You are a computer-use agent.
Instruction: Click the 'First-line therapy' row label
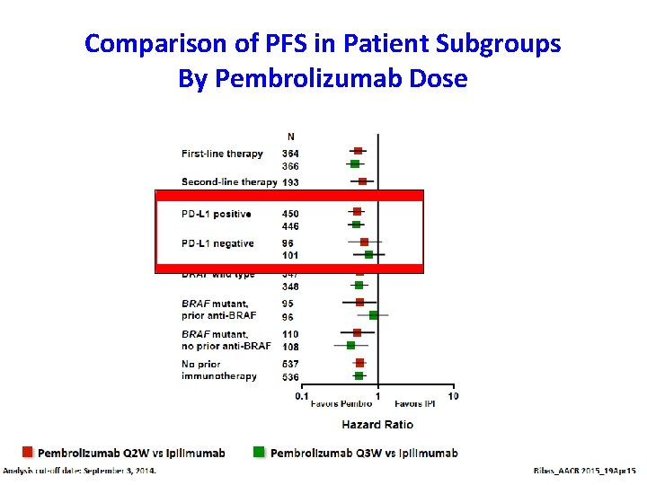pyautogui.click(x=222, y=154)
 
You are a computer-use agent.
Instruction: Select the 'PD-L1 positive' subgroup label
pyautogui.click(x=216, y=214)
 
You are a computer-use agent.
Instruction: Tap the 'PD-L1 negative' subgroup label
pyautogui.click(x=217, y=243)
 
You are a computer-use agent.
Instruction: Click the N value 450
pyautogui.click(x=290, y=214)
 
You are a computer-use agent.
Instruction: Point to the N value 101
pyautogui.click(x=290, y=255)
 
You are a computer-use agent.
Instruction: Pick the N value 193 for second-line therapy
pyautogui.click(x=290, y=182)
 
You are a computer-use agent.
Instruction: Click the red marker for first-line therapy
pyautogui.click(x=358, y=151)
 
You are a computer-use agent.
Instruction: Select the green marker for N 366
pyautogui.click(x=355, y=163)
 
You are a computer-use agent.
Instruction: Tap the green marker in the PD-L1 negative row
pyautogui.click(x=368, y=255)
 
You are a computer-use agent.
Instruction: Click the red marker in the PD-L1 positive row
pyautogui.click(x=358, y=212)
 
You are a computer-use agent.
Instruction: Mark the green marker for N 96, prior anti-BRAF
pyautogui.click(x=373, y=315)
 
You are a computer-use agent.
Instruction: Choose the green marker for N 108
pyautogui.click(x=351, y=345)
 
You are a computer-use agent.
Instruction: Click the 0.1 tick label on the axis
pyautogui.click(x=302, y=395)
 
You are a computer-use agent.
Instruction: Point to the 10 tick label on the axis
pyautogui.click(x=452, y=395)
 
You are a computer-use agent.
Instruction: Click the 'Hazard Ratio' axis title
pyautogui.click(x=377, y=424)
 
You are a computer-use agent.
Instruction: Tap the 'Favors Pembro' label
pyautogui.click(x=341, y=404)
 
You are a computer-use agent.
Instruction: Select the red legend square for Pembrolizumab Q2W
pyautogui.click(x=28, y=452)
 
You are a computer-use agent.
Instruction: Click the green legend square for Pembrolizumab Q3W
pyautogui.click(x=260, y=452)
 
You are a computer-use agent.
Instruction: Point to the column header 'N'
pyautogui.click(x=289, y=137)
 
